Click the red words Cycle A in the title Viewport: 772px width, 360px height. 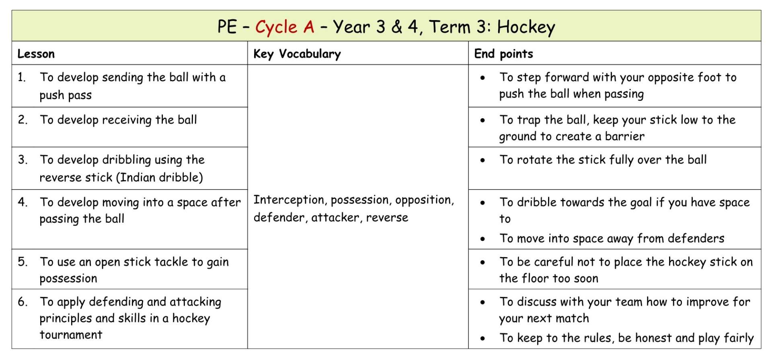[x=285, y=27]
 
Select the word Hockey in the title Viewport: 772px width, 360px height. [x=526, y=27]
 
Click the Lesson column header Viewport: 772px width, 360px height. [x=36, y=54]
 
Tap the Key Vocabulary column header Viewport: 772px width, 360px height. [x=297, y=54]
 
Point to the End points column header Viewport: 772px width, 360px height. [x=503, y=54]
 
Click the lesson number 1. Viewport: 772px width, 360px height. [x=21, y=77]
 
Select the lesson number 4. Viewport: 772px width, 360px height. [x=23, y=202]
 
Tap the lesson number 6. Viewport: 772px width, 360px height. [x=23, y=302]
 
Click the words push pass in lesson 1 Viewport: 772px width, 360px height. [x=66, y=95]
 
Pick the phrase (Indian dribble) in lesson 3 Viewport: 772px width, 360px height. [x=159, y=177]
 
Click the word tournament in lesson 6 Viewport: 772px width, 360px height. [x=71, y=335]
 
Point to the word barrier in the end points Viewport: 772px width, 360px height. [x=624, y=136]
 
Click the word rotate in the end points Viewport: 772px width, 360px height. [x=534, y=160]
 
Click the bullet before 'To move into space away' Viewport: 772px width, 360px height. [x=482, y=239]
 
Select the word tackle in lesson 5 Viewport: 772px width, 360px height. [x=171, y=262]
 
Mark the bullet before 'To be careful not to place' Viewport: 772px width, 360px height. [x=482, y=262]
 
